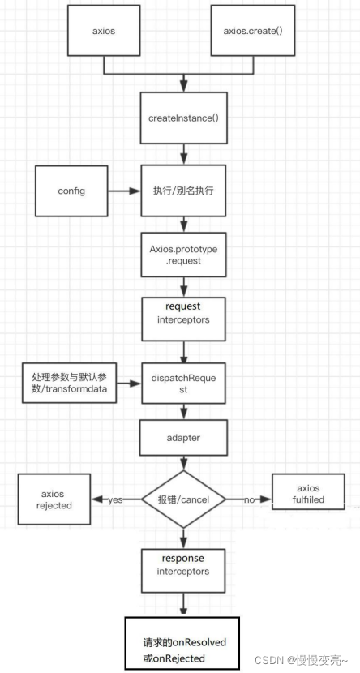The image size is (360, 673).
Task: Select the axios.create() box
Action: [x=251, y=32]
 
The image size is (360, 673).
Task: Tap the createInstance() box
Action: [x=184, y=118]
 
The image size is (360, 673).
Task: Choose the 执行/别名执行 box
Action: [x=184, y=192]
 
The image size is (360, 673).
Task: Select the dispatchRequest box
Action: [x=184, y=384]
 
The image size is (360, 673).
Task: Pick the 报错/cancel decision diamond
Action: [x=184, y=500]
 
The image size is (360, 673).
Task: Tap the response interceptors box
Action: [x=184, y=565]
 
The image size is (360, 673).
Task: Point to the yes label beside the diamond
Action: [x=115, y=500]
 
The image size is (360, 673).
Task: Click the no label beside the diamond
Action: [x=249, y=500]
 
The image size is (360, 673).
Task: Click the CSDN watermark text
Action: [x=306, y=659]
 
